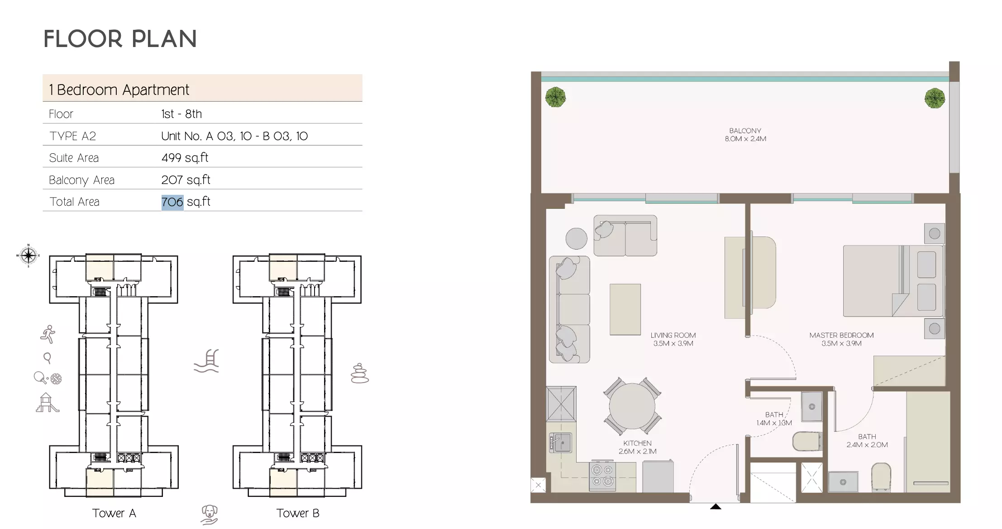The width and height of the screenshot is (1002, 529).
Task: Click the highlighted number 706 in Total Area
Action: click(x=172, y=202)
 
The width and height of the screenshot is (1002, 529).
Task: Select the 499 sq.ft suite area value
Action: click(x=185, y=158)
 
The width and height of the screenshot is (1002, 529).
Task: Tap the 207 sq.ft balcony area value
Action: click(x=186, y=180)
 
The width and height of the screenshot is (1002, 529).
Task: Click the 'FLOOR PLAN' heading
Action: click(x=120, y=39)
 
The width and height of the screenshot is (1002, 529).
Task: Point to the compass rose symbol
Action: click(x=28, y=255)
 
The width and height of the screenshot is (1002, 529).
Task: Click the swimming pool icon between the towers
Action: click(x=207, y=361)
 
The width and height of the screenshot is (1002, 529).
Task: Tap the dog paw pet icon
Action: click(x=209, y=515)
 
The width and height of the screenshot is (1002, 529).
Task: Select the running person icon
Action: click(x=48, y=335)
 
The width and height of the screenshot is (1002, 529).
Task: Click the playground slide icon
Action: click(x=47, y=403)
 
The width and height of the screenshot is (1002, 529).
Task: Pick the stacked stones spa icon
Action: click(x=360, y=373)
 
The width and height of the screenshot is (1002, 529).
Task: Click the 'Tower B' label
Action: click(x=298, y=513)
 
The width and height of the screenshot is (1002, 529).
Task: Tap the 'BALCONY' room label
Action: click(x=745, y=131)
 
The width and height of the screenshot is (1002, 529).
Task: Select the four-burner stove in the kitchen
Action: click(x=602, y=476)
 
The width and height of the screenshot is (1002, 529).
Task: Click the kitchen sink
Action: click(x=562, y=443)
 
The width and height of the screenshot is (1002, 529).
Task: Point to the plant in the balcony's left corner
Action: click(x=555, y=97)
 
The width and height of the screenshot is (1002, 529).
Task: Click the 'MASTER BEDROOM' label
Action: click(x=841, y=335)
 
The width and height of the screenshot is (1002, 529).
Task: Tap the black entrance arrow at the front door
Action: click(x=716, y=506)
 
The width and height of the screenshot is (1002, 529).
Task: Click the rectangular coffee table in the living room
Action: click(x=625, y=309)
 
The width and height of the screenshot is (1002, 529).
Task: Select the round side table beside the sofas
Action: click(x=576, y=238)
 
